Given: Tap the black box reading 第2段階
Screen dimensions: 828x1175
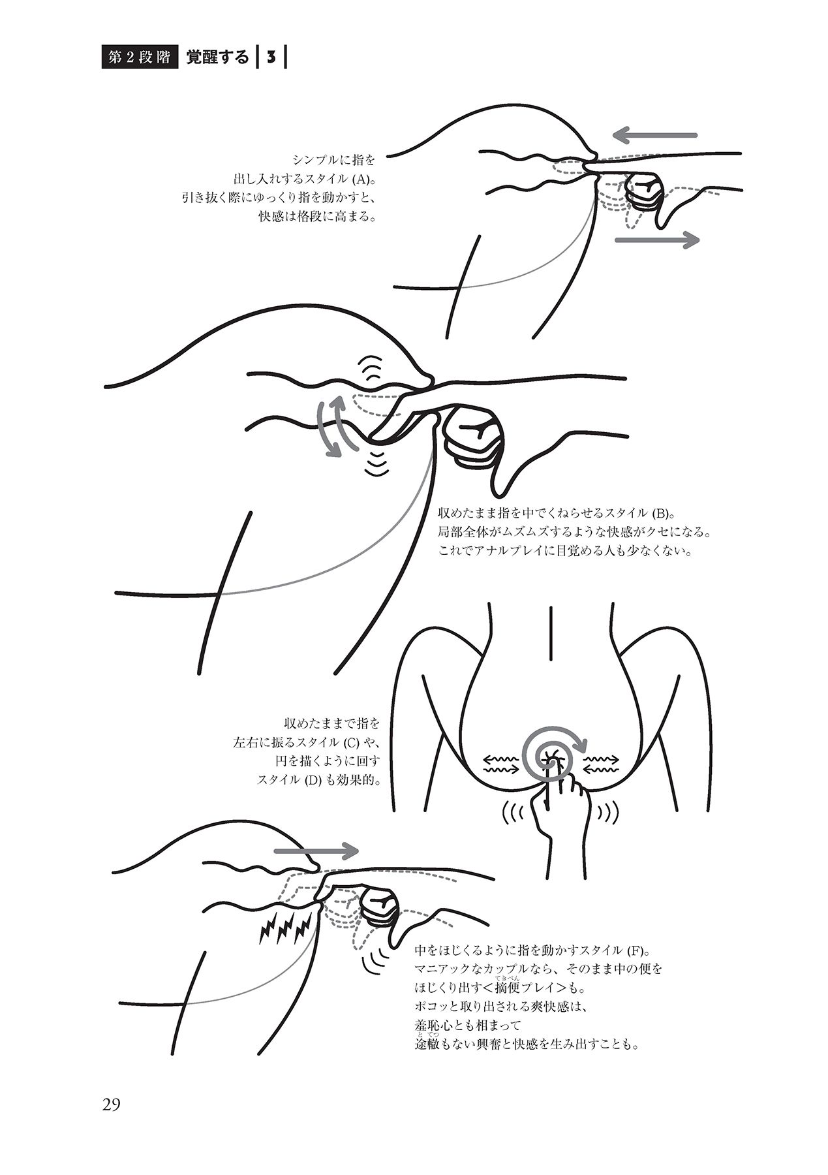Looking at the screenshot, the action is (140, 57).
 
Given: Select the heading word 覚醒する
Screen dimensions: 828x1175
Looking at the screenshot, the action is (217, 57).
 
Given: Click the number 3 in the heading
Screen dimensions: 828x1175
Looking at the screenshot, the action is (269, 57).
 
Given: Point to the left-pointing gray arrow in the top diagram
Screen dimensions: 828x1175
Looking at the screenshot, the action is (656, 136).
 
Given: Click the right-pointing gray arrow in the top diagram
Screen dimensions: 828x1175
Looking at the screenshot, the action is (657, 240).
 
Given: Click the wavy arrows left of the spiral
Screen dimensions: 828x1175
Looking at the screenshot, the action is (500, 764).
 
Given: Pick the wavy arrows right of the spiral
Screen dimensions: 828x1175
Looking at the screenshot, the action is (601, 764).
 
